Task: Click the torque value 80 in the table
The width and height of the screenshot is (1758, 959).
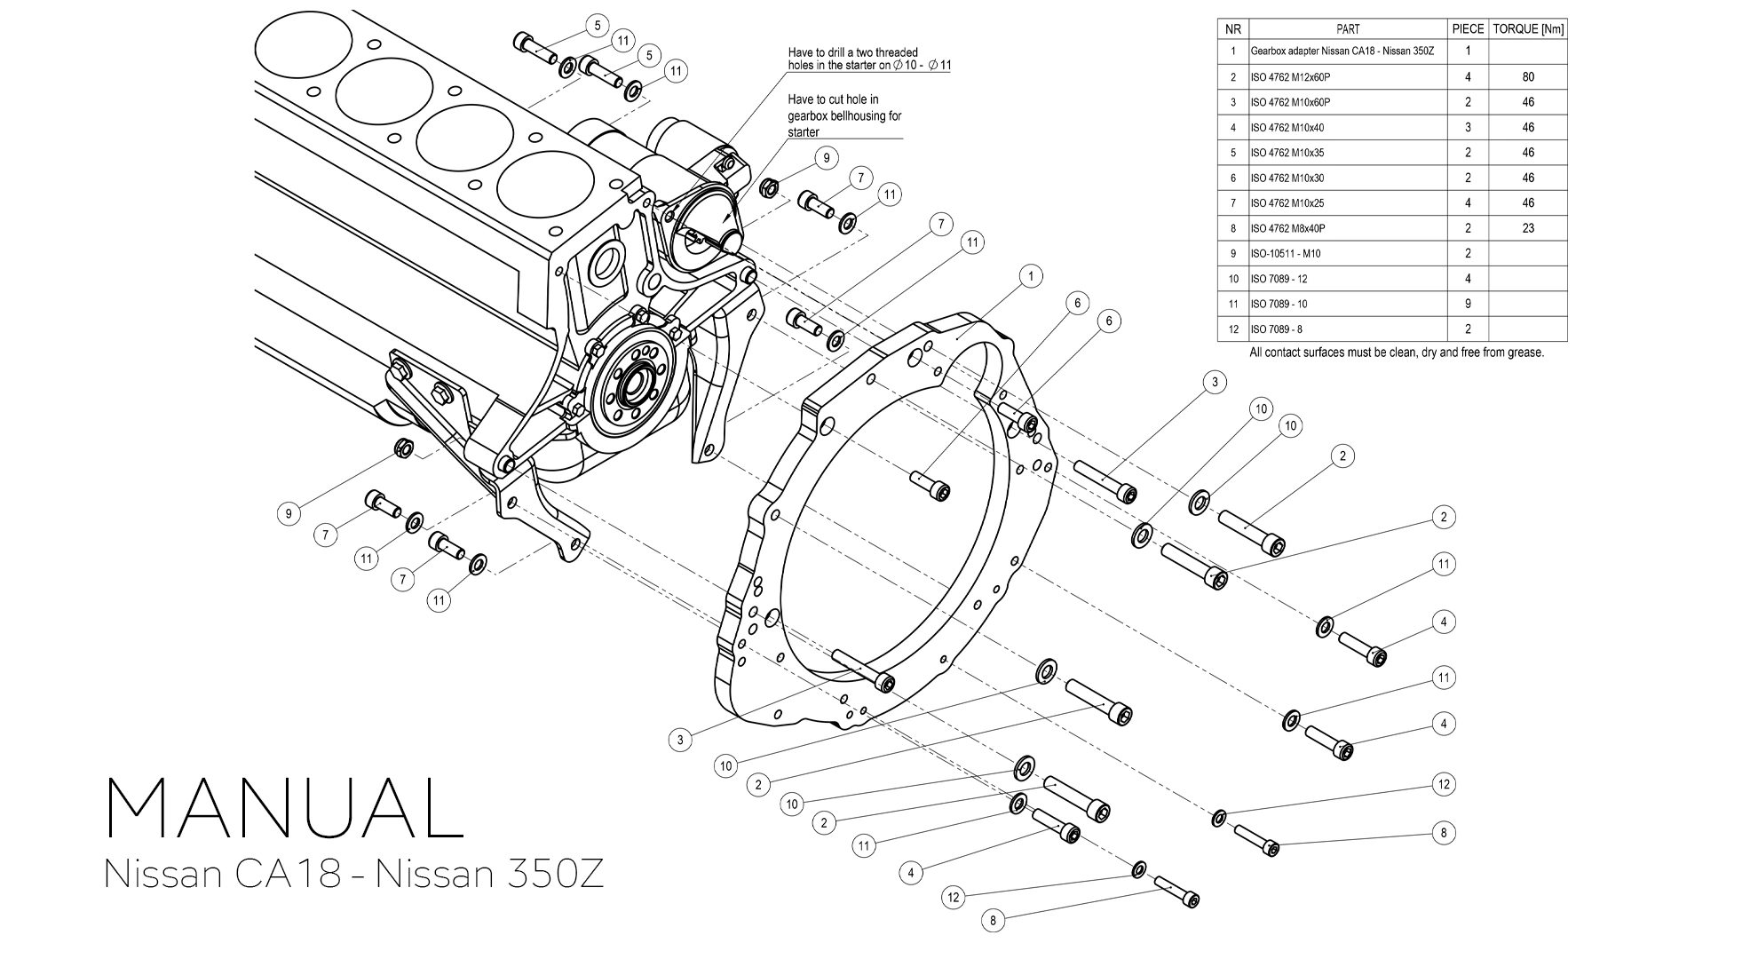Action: click(x=1527, y=77)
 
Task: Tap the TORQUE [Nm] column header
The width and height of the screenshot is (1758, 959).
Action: click(x=1527, y=28)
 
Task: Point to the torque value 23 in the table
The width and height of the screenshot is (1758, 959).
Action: click(x=1527, y=228)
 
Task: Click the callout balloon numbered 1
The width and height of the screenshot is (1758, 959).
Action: click(x=1030, y=277)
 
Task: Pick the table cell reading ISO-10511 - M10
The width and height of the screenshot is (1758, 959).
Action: click(x=1285, y=254)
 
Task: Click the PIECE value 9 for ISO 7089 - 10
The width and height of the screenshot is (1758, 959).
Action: click(x=1468, y=304)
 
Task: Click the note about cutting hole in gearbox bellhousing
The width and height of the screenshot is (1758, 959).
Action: click(x=843, y=116)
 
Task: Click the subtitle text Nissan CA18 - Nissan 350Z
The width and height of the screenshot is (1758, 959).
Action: click(x=353, y=874)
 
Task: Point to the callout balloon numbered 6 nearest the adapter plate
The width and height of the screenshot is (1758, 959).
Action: click(x=1077, y=304)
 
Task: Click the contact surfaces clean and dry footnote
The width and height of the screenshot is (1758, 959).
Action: click(x=1396, y=353)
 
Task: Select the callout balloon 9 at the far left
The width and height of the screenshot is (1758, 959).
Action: click(x=288, y=513)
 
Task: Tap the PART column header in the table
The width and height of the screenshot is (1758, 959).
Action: click(x=1347, y=28)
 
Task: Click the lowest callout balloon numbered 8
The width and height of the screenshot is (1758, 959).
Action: click(x=993, y=921)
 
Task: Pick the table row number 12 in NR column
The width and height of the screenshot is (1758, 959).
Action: click(x=1232, y=329)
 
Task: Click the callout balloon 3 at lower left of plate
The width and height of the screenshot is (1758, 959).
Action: click(x=680, y=739)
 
